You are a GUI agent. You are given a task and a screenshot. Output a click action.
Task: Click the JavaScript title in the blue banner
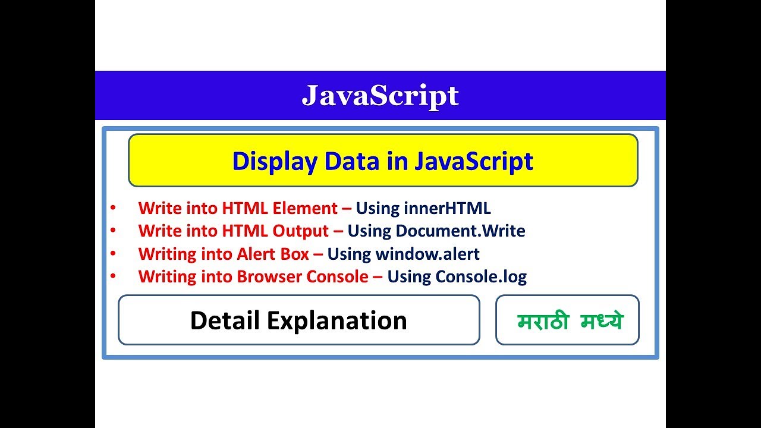pyautogui.click(x=380, y=96)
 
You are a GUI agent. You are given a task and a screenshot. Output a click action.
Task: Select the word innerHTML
pyautogui.click(x=447, y=208)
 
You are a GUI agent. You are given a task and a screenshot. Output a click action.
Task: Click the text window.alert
pyautogui.click(x=427, y=254)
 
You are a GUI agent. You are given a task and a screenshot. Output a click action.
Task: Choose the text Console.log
pyautogui.click(x=481, y=276)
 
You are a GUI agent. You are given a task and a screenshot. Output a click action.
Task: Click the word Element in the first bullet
pyautogui.click(x=304, y=208)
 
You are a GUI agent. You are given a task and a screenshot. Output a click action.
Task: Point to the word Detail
pyautogui.click(x=225, y=320)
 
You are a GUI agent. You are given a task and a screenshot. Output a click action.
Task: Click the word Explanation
pyautogui.click(x=337, y=320)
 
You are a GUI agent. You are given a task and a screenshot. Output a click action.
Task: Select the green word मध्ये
pyautogui.click(x=602, y=322)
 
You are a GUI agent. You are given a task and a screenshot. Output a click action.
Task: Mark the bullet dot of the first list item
pyautogui.click(x=113, y=208)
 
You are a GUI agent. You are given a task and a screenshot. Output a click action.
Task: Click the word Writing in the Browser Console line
pyautogui.click(x=163, y=276)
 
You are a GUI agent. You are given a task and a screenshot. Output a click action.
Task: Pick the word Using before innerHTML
pyautogui.click(x=378, y=208)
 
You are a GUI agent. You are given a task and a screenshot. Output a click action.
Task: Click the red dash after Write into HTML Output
pyautogui.click(x=338, y=231)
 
